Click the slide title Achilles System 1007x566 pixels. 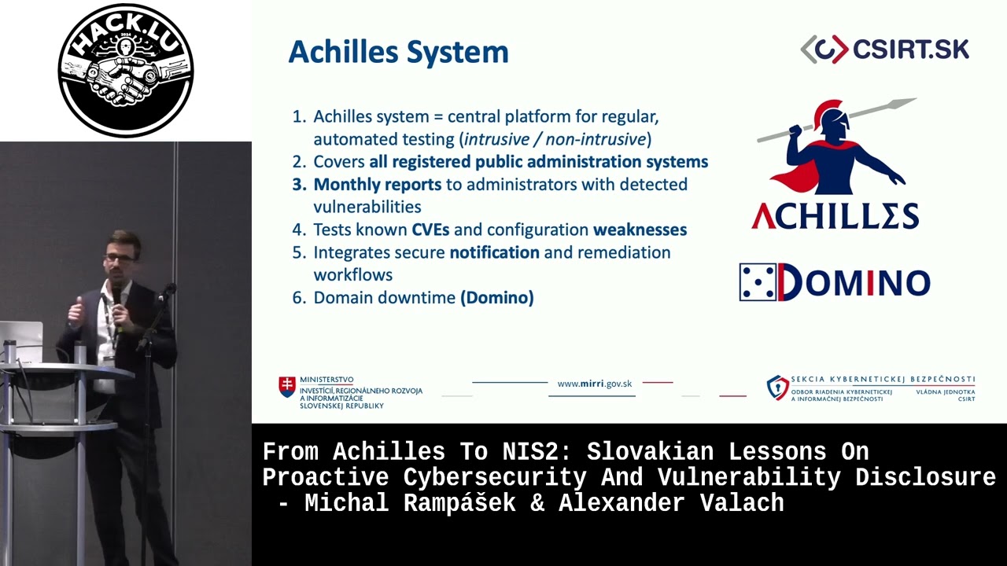click(398, 53)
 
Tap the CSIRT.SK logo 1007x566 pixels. click(885, 49)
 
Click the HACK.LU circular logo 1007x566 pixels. click(126, 70)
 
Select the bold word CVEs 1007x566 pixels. click(430, 230)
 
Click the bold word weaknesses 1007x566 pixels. click(640, 230)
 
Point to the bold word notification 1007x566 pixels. click(495, 252)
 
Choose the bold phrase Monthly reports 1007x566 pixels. click(377, 185)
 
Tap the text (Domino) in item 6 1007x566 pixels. click(496, 298)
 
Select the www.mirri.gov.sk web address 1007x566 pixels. click(594, 384)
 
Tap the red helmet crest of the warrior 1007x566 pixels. click(825, 111)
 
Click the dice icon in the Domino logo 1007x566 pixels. click(758, 282)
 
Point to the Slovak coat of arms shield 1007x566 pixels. click(287, 387)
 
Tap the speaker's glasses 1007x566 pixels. click(120, 259)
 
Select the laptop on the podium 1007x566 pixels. click(21, 341)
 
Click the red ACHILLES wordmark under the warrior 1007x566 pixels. click(835, 216)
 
